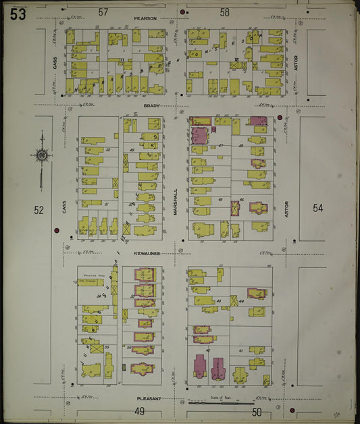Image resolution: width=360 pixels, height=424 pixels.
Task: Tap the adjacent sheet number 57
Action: tap(103, 12)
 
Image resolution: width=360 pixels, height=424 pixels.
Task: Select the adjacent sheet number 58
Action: tap(225, 12)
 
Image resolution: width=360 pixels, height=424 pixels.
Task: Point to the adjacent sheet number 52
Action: tap(39, 210)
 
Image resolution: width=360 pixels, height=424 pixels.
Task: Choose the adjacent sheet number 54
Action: tap(317, 208)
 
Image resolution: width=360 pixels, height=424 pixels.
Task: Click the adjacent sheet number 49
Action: tap(140, 411)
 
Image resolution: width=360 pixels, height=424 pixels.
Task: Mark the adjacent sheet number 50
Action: tap(257, 411)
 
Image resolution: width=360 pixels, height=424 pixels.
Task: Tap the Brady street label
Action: tap(151, 106)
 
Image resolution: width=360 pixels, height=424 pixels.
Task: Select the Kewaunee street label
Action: tap(145, 253)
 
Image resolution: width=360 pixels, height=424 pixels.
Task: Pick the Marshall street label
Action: tap(174, 201)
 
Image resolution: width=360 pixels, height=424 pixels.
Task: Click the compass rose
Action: tap(41, 156)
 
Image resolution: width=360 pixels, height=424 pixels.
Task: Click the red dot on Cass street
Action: tap(57, 231)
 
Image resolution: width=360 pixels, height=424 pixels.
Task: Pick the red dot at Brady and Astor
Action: tap(280, 117)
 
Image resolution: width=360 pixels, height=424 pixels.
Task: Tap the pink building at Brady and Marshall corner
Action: tap(199, 134)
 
